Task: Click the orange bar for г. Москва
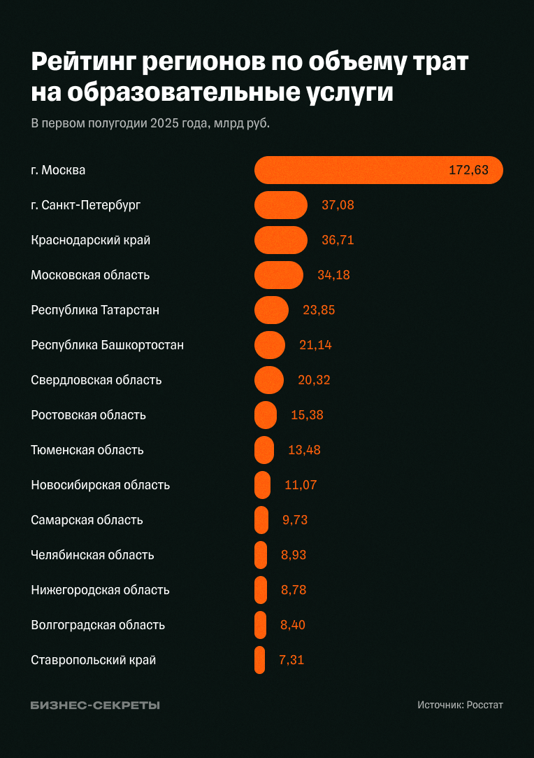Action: [x=377, y=170]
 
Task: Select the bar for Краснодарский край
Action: [x=281, y=240]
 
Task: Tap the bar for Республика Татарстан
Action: [x=271, y=310]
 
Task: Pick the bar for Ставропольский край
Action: [x=259, y=660]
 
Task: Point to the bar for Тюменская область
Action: [x=264, y=450]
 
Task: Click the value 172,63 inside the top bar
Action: [x=468, y=170]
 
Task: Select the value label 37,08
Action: [x=338, y=205]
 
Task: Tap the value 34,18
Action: [x=333, y=275]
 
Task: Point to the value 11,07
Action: [x=301, y=485]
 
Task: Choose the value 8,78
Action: [x=294, y=590]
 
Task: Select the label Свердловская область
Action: [x=96, y=380]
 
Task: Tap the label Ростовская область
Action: [x=89, y=415]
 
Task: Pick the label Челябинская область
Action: [x=92, y=555]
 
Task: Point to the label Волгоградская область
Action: [x=98, y=625]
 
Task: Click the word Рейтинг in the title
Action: [x=82, y=63]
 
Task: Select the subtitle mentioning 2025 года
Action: [x=150, y=123]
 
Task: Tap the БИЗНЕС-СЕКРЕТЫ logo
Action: [x=95, y=705]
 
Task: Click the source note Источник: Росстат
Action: [x=460, y=705]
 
